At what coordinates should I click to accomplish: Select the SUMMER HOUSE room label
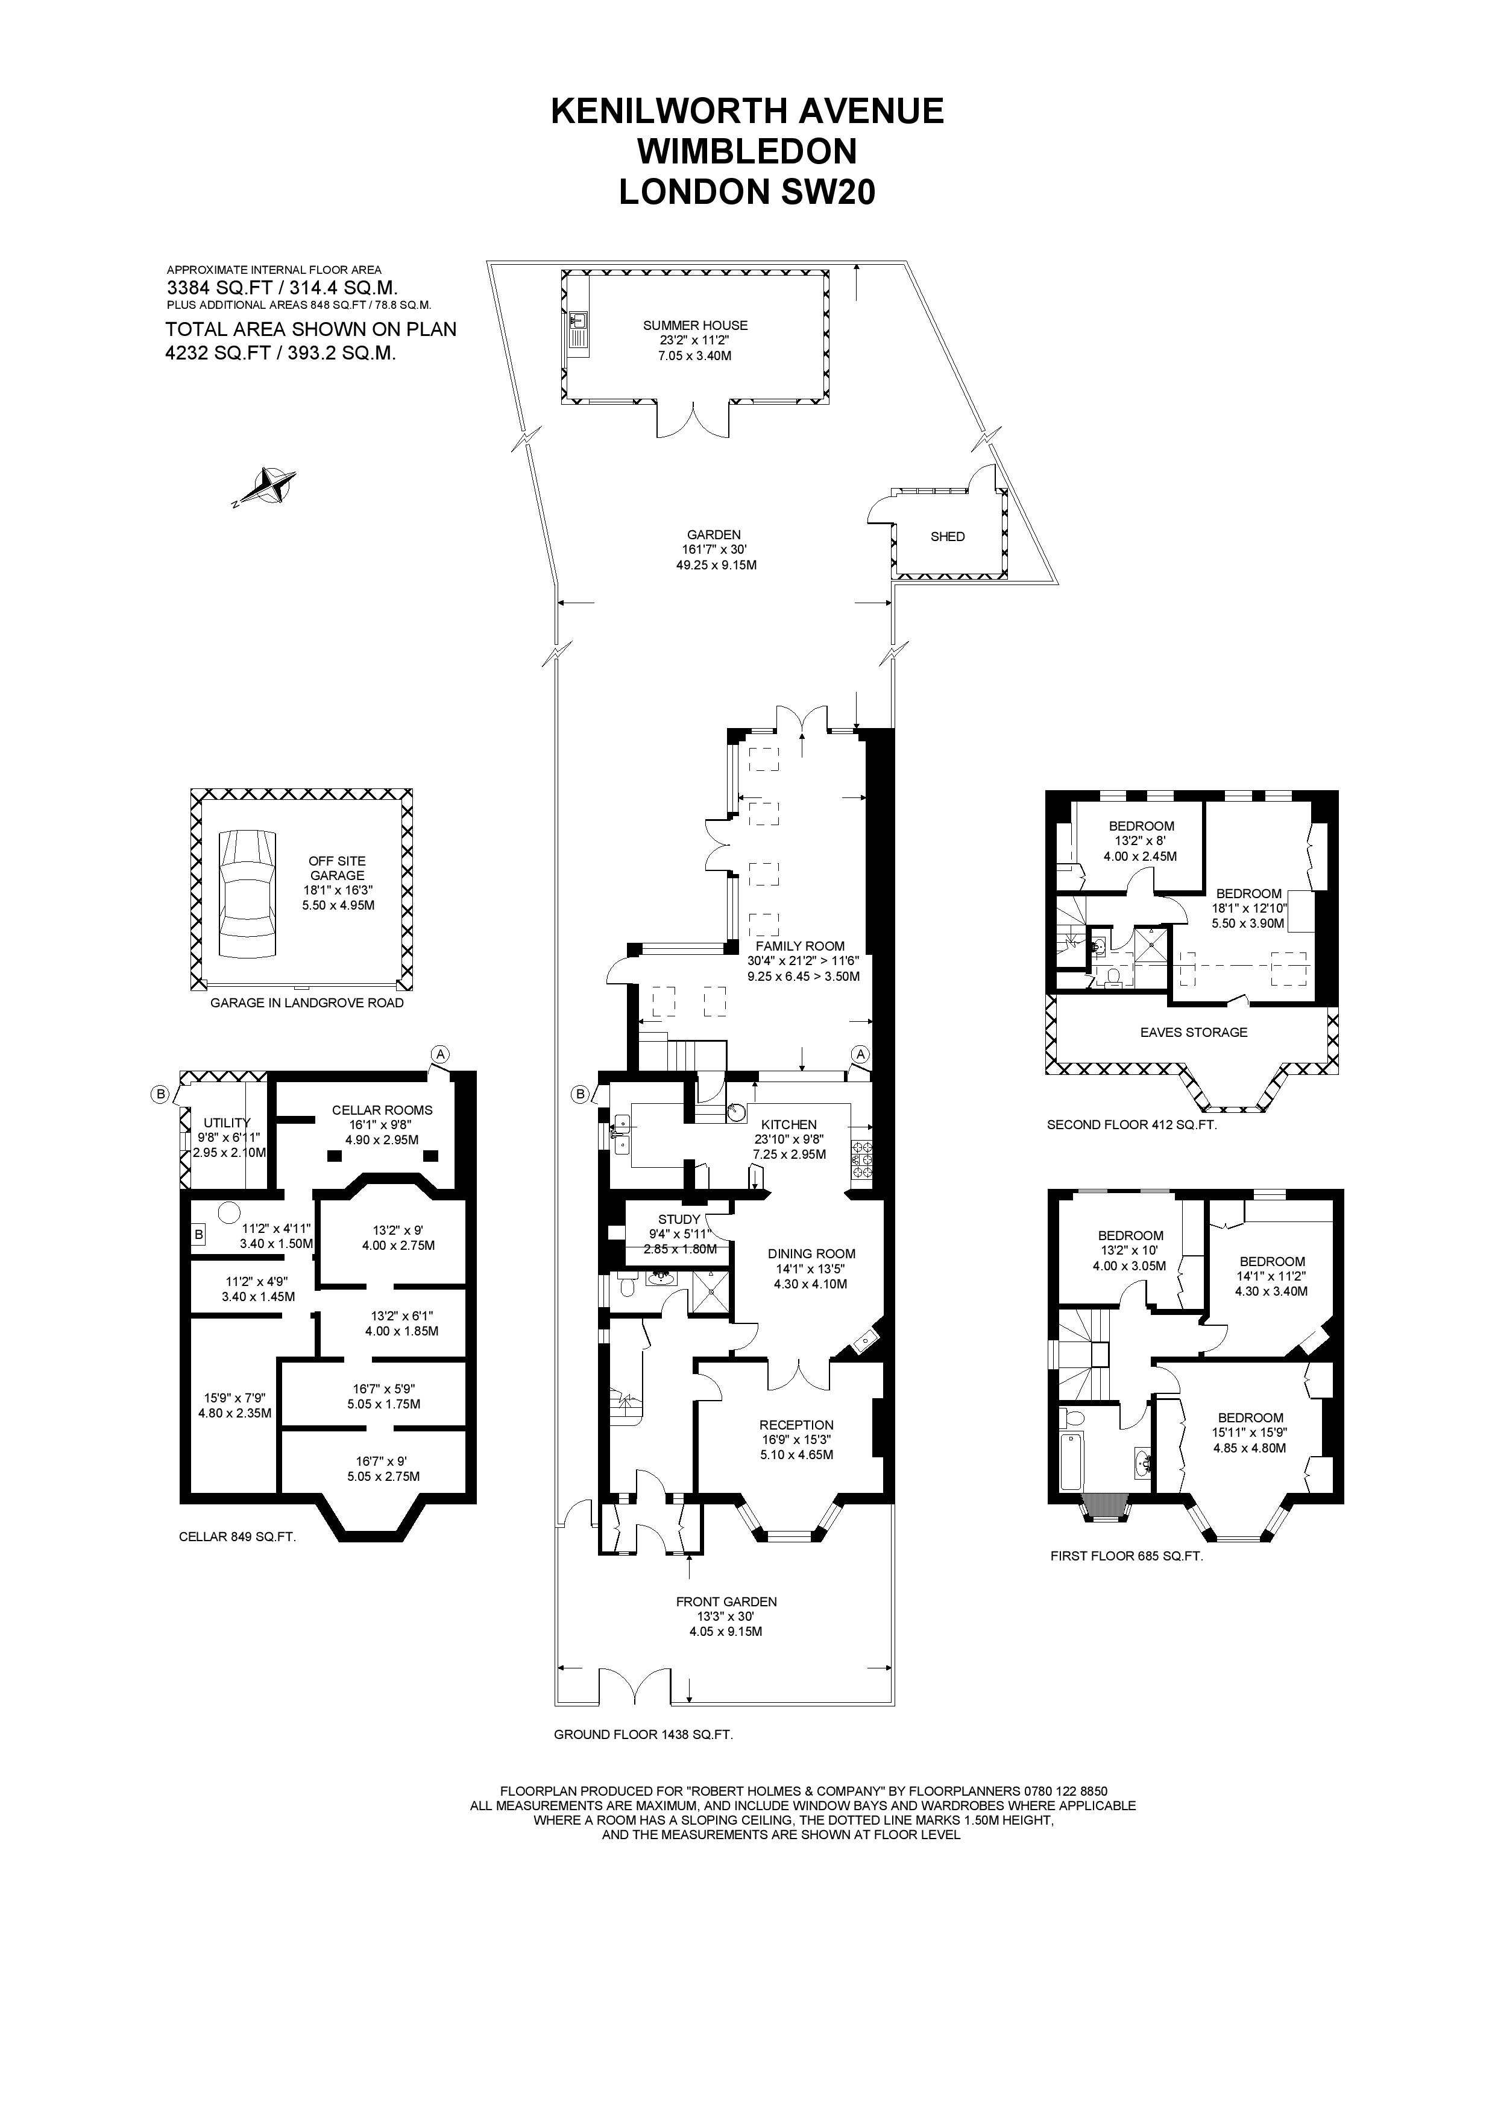pyautogui.click(x=694, y=325)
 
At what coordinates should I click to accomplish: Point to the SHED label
pyautogui.click(x=947, y=536)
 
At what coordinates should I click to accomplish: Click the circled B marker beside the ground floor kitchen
pyautogui.click(x=581, y=1094)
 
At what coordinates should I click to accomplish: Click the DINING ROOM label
pyautogui.click(x=811, y=1253)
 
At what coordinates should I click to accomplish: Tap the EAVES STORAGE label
pyautogui.click(x=1193, y=1032)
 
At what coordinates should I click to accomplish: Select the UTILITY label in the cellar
pyautogui.click(x=227, y=1123)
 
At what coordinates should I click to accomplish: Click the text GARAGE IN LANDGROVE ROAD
pyautogui.click(x=307, y=1003)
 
